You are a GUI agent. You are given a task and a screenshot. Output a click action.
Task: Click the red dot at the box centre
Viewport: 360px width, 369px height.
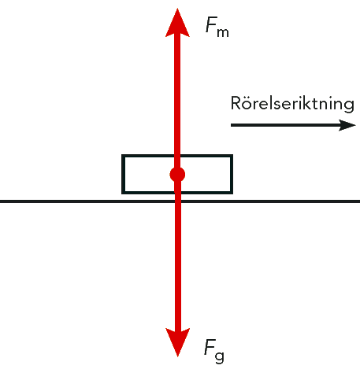point(177,175)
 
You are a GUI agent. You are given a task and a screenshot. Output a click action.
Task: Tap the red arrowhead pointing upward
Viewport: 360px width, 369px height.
point(177,23)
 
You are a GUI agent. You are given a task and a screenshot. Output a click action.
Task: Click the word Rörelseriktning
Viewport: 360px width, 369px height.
point(292,104)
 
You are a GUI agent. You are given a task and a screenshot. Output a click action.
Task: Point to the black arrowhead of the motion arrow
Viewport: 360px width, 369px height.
point(347,125)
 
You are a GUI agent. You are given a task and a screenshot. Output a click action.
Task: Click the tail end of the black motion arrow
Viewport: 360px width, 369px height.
point(232,125)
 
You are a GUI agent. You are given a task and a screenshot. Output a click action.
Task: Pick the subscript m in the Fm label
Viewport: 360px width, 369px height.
point(223,32)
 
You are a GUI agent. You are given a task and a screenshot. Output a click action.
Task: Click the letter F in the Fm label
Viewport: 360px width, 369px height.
point(211,24)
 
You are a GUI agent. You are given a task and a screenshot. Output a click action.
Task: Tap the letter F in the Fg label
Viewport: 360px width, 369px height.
point(210,347)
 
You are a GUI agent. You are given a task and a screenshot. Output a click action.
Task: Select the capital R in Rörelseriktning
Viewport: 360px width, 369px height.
point(236,103)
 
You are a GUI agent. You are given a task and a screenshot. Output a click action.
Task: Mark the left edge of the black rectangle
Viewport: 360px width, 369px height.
point(123,174)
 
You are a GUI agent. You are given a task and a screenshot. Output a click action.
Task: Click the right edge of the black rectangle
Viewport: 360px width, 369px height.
point(232,174)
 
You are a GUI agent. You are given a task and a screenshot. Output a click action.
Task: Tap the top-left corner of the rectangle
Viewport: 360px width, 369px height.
point(122,155)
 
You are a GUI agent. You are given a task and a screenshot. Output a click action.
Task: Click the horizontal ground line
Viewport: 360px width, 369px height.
point(180,201)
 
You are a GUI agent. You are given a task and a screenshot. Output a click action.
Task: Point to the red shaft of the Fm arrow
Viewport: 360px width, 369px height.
point(177,101)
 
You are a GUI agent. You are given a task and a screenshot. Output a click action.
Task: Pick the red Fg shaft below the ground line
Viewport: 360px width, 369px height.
point(177,266)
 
